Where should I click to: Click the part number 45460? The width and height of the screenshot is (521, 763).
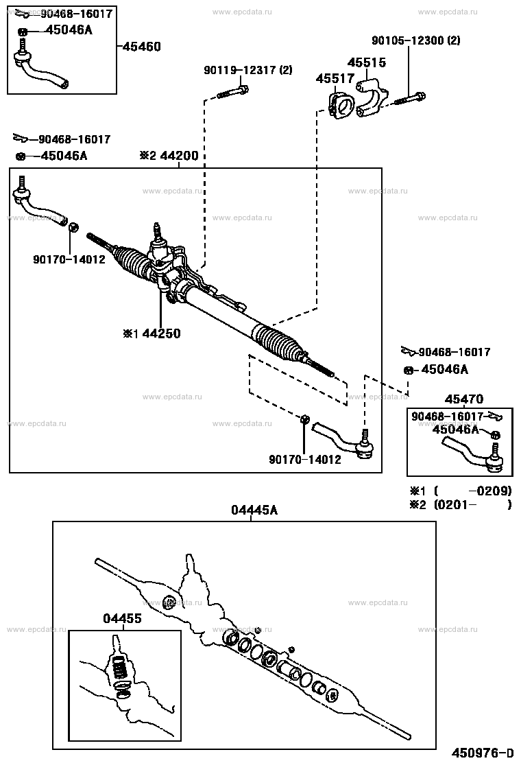[x=142, y=47]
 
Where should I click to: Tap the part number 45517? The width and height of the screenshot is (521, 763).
[x=335, y=79]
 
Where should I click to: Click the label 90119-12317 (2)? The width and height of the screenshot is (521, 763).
[x=247, y=70]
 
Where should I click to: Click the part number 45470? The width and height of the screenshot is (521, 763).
[x=463, y=399]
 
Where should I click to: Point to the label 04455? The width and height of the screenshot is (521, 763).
[x=122, y=618]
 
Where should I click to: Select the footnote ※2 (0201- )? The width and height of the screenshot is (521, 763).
[x=460, y=505]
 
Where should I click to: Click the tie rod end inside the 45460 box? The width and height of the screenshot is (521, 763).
[x=41, y=68]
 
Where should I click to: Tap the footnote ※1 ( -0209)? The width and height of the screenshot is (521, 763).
[x=460, y=491]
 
